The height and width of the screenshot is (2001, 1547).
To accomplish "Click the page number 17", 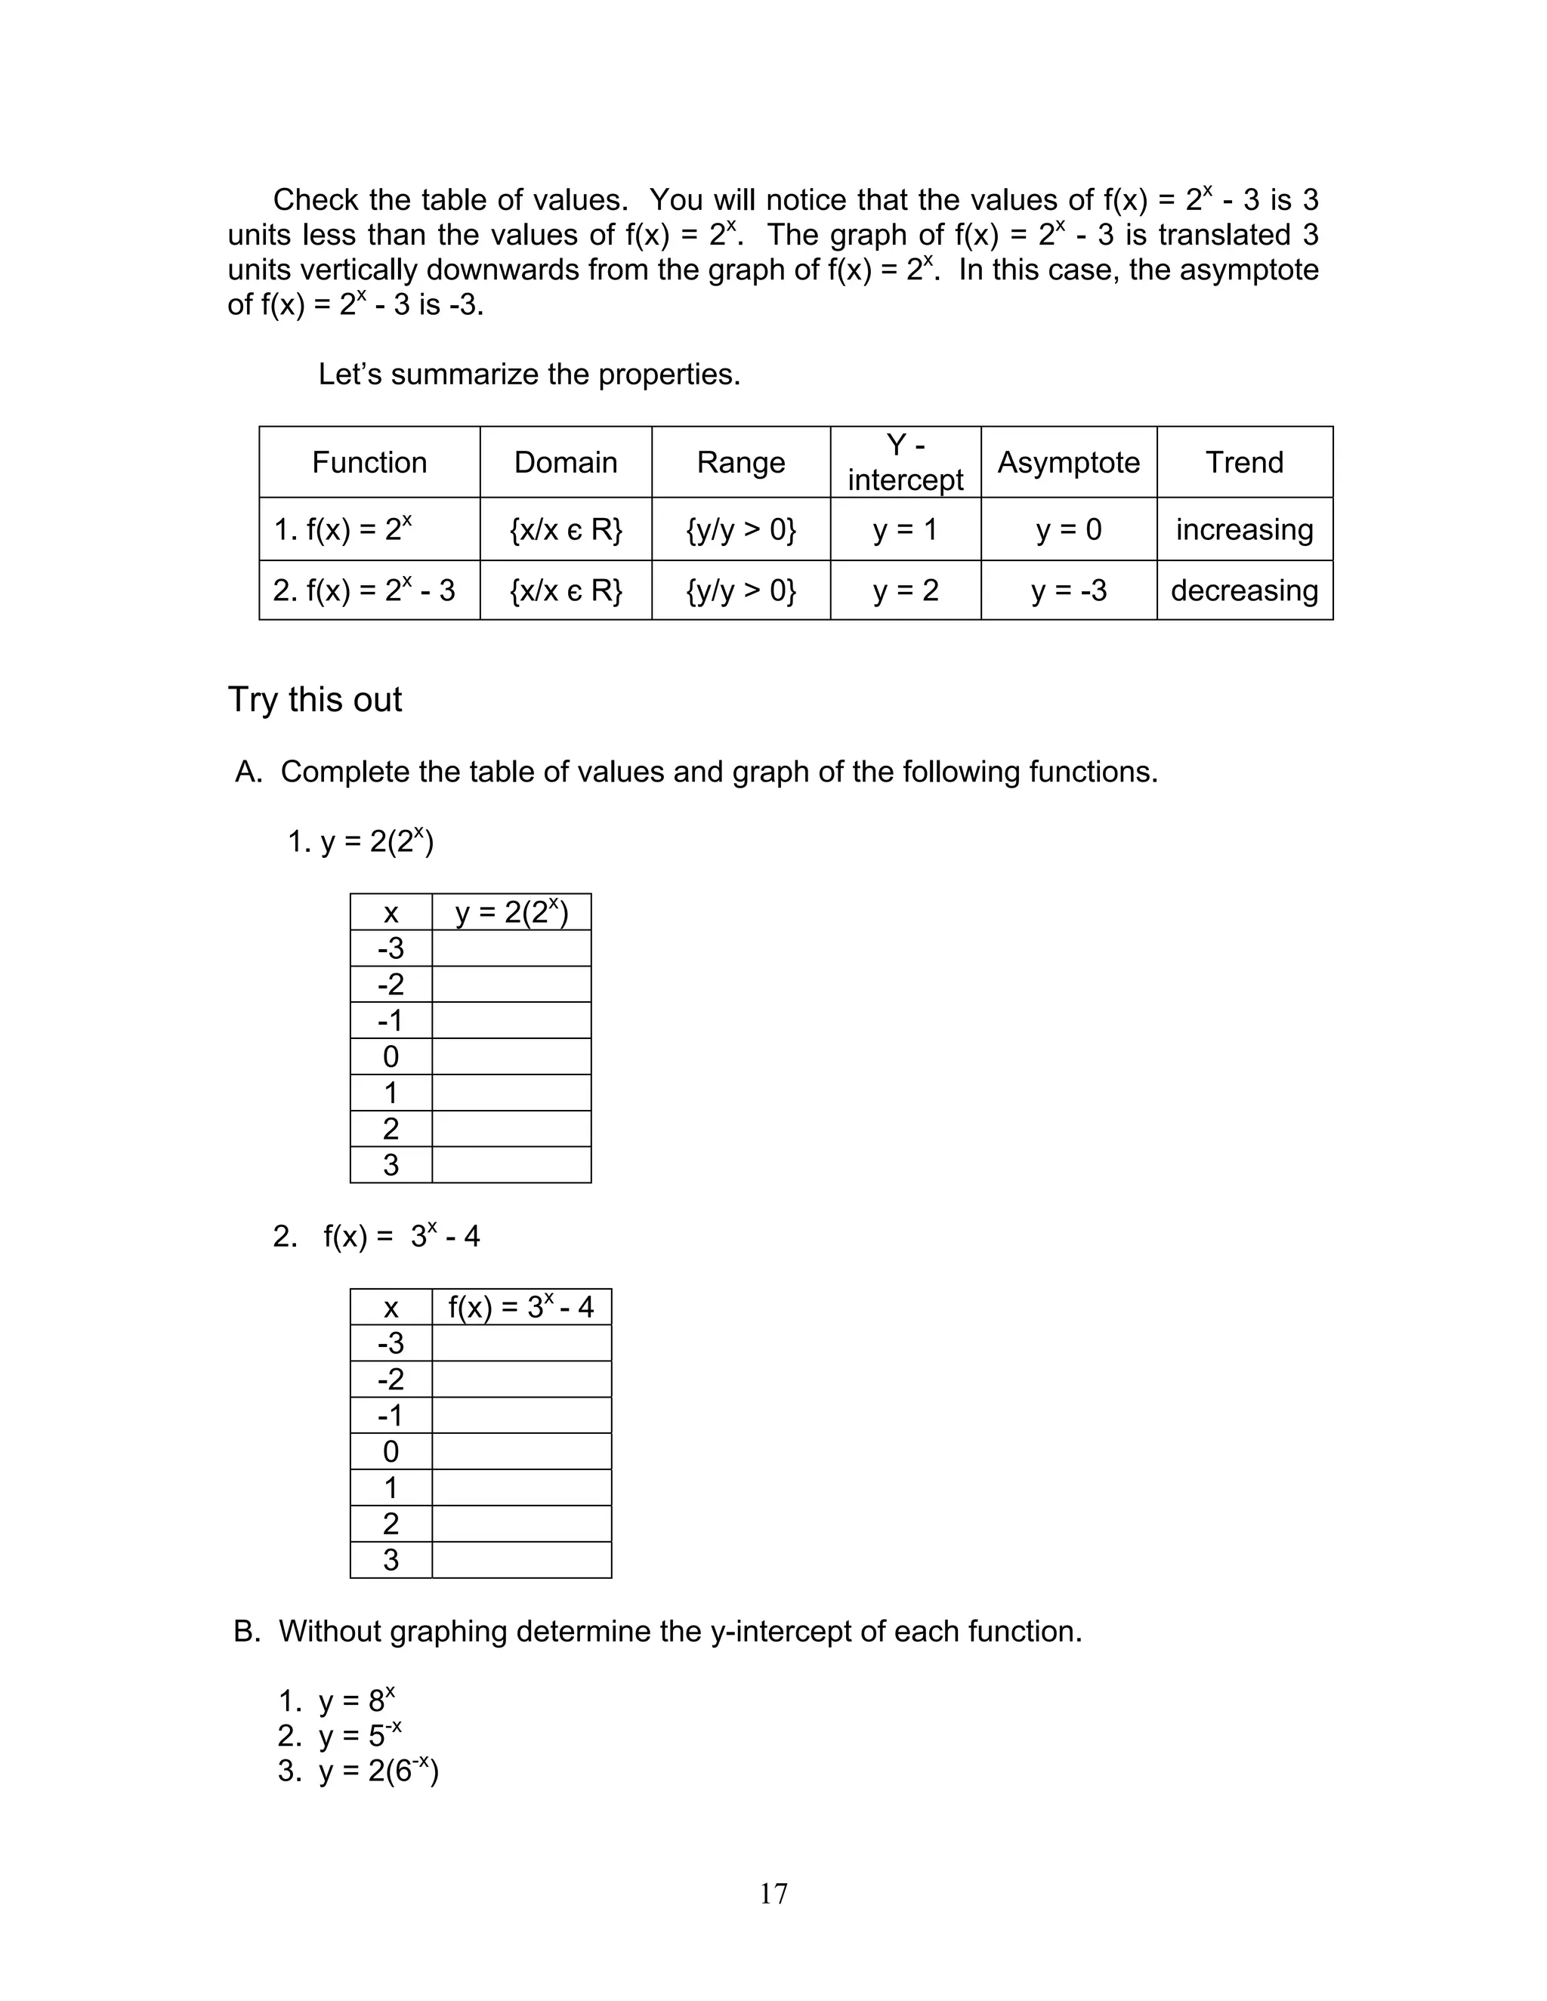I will (x=773, y=1893).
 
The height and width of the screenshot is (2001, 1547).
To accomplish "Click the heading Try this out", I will (x=314, y=699).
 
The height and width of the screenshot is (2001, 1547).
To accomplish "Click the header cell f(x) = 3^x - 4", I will (x=520, y=1306).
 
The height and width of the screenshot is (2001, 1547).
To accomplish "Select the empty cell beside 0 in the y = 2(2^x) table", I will (x=511, y=1056).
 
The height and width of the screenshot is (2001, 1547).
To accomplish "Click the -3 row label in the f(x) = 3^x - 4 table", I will (x=391, y=1343).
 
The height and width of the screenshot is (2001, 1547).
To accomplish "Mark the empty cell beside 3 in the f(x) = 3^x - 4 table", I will (x=520, y=1559).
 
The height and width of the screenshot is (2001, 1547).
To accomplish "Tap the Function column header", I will (x=369, y=462).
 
